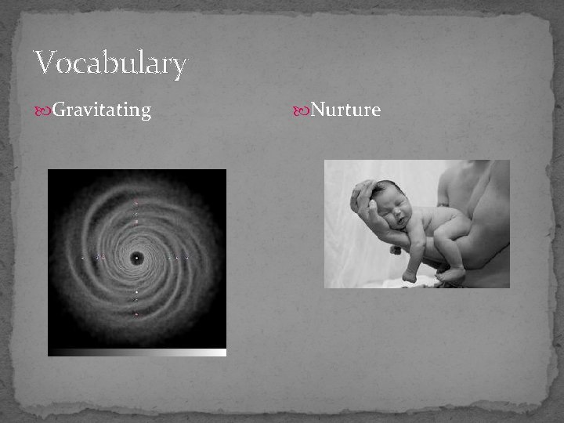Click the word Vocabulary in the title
point(110,63)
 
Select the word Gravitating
point(101,110)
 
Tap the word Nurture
point(345,110)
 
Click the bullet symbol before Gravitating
point(44,111)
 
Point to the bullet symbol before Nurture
point(302,111)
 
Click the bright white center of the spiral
point(137,258)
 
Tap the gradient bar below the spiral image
point(137,352)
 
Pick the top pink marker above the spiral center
point(136,203)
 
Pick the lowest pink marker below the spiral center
point(136,314)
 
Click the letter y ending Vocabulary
point(179,67)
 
